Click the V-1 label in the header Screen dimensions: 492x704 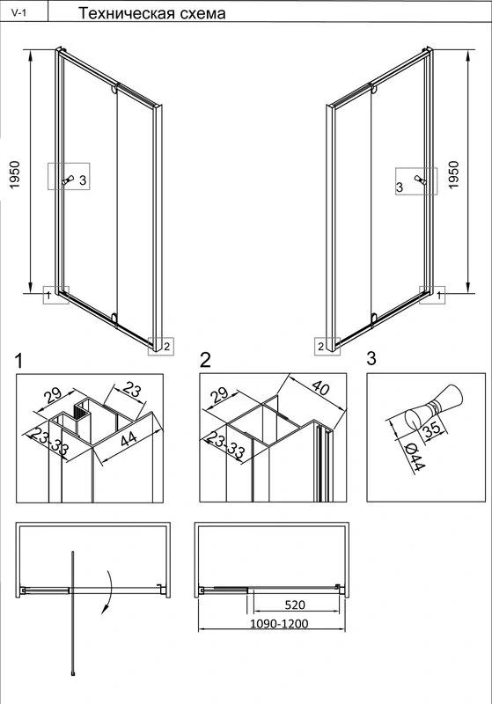pyautogui.click(x=18, y=13)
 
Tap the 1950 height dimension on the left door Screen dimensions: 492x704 pyautogui.click(x=15, y=174)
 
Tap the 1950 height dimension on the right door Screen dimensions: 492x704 pyautogui.click(x=454, y=174)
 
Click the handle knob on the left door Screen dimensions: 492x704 pyautogui.click(x=69, y=180)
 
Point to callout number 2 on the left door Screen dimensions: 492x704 pyautogui.click(x=166, y=346)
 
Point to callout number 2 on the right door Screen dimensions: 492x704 pyautogui.click(x=321, y=347)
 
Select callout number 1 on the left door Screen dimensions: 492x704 pyautogui.click(x=48, y=295)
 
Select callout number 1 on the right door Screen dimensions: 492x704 pyautogui.click(x=439, y=295)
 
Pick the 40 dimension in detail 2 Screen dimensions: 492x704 pyautogui.click(x=320, y=387)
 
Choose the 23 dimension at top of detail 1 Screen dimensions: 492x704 pyautogui.click(x=131, y=389)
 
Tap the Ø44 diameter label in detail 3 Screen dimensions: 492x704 pyautogui.click(x=415, y=458)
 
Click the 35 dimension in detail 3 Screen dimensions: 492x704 pyautogui.click(x=432, y=430)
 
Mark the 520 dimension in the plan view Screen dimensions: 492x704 pyautogui.click(x=295, y=605)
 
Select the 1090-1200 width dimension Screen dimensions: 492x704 pyautogui.click(x=279, y=623)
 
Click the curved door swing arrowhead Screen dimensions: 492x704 pyautogui.click(x=106, y=608)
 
